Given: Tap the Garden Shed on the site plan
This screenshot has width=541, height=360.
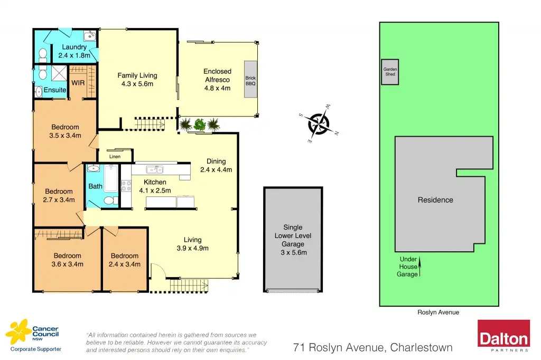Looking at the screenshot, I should click(x=390, y=72).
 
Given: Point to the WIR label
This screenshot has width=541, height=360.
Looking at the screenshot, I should click(x=78, y=83).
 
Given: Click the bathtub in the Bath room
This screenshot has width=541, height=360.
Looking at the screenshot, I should click(x=111, y=178).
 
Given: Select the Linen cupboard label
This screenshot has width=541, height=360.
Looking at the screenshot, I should click(x=115, y=156).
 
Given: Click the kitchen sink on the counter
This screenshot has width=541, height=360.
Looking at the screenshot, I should click(x=154, y=169).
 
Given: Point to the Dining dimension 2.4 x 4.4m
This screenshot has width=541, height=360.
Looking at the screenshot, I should click(x=216, y=169).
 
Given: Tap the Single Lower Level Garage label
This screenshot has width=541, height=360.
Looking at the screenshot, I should click(x=293, y=240).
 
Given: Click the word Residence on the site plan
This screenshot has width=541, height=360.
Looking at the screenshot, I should click(x=435, y=200).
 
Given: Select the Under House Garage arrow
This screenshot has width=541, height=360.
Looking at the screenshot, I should click(x=420, y=267).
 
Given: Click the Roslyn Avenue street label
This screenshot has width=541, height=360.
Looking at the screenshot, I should click(x=438, y=312).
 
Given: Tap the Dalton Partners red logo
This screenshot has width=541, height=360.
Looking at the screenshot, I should click(x=503, y=335).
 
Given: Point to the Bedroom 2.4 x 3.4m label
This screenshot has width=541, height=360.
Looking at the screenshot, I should click(x=124, y=260).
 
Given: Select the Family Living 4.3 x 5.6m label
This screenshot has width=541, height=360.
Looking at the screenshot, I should click(x=137, y=80).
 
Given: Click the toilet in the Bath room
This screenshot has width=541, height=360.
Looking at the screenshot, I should click(x=109, y=200).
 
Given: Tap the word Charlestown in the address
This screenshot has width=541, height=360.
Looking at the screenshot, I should click(x=422, y=347).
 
